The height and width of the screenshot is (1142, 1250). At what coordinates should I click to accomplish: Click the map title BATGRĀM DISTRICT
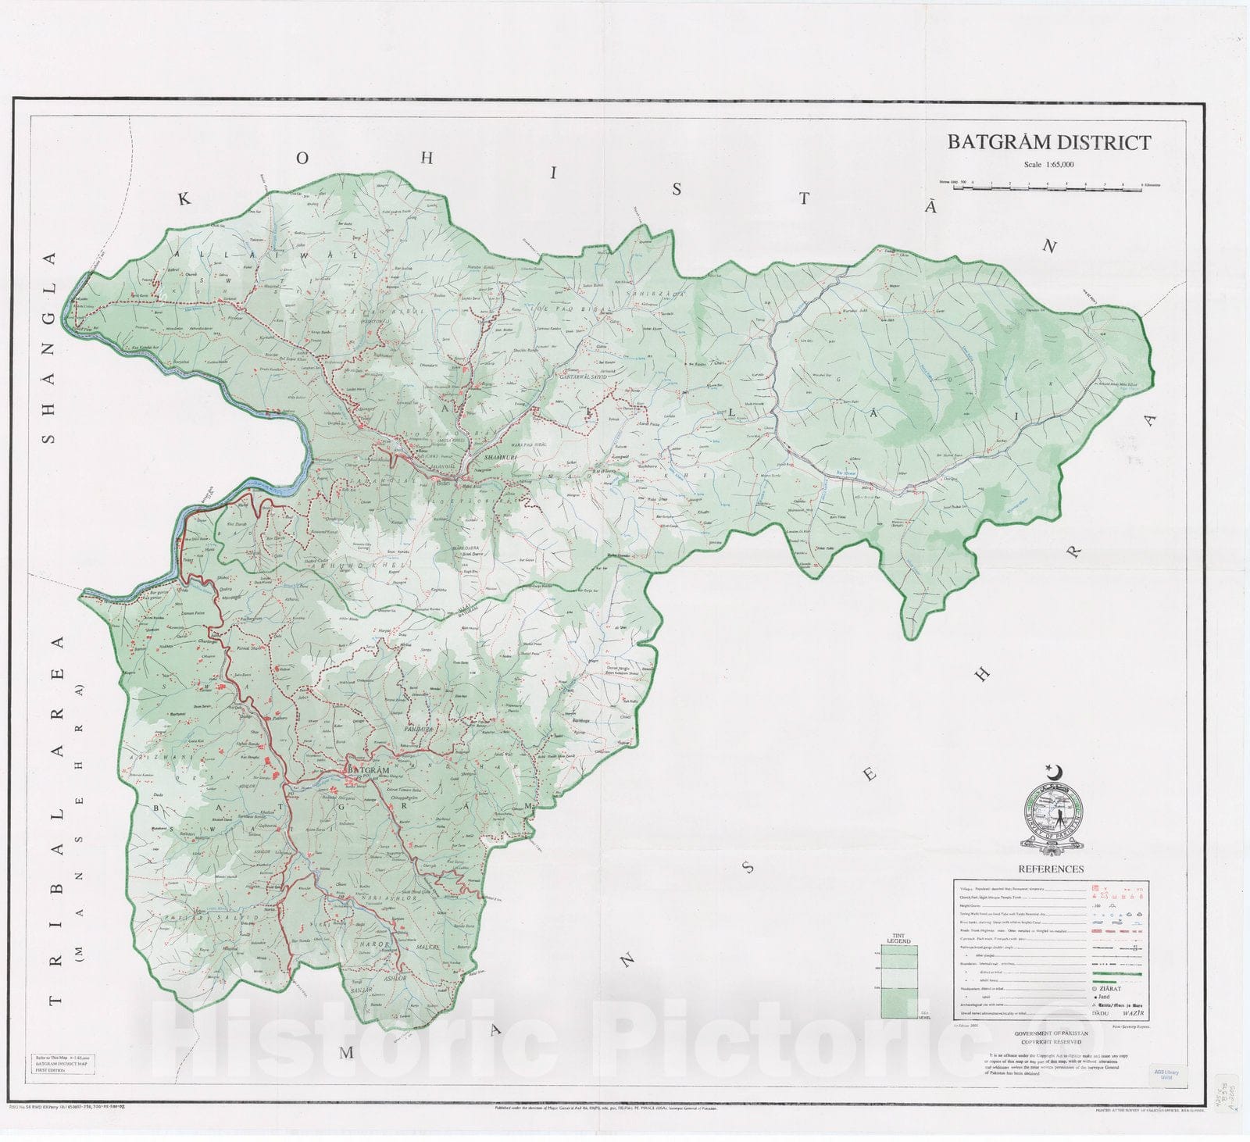point(1048,142)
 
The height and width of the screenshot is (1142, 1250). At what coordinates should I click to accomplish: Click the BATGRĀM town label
point(367,770)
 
